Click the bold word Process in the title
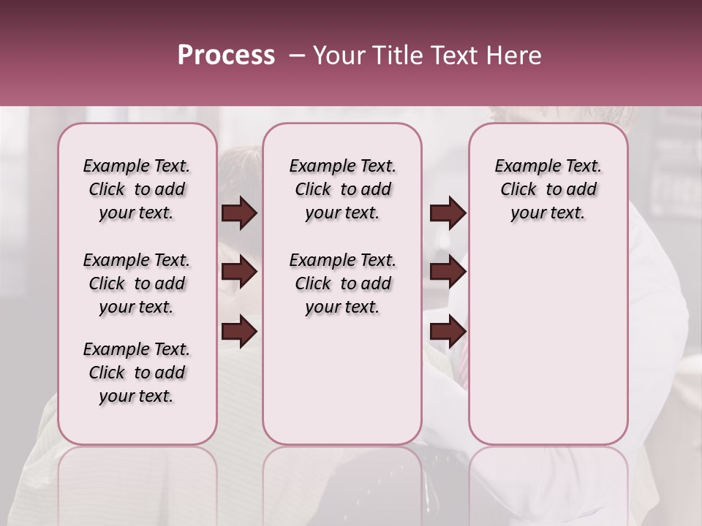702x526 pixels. [226, 55]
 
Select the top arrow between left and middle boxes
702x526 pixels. [239, 213]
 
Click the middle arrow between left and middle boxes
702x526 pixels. [239, 272]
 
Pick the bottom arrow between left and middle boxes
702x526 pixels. [239, 332]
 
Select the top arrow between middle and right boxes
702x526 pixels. [448, 213]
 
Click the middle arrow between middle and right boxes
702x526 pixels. [448, 272]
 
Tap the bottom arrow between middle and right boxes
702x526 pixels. [448, 332]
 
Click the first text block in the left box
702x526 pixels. [137, 189]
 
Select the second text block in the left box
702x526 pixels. [137, 283]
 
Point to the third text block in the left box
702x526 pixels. [137, 373]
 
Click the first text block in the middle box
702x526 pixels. [342, 189]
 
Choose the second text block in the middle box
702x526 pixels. [342, 283]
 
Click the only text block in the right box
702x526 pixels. [548, 189]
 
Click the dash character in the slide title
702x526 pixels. [297, 55]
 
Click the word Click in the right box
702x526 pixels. [518, 190]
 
